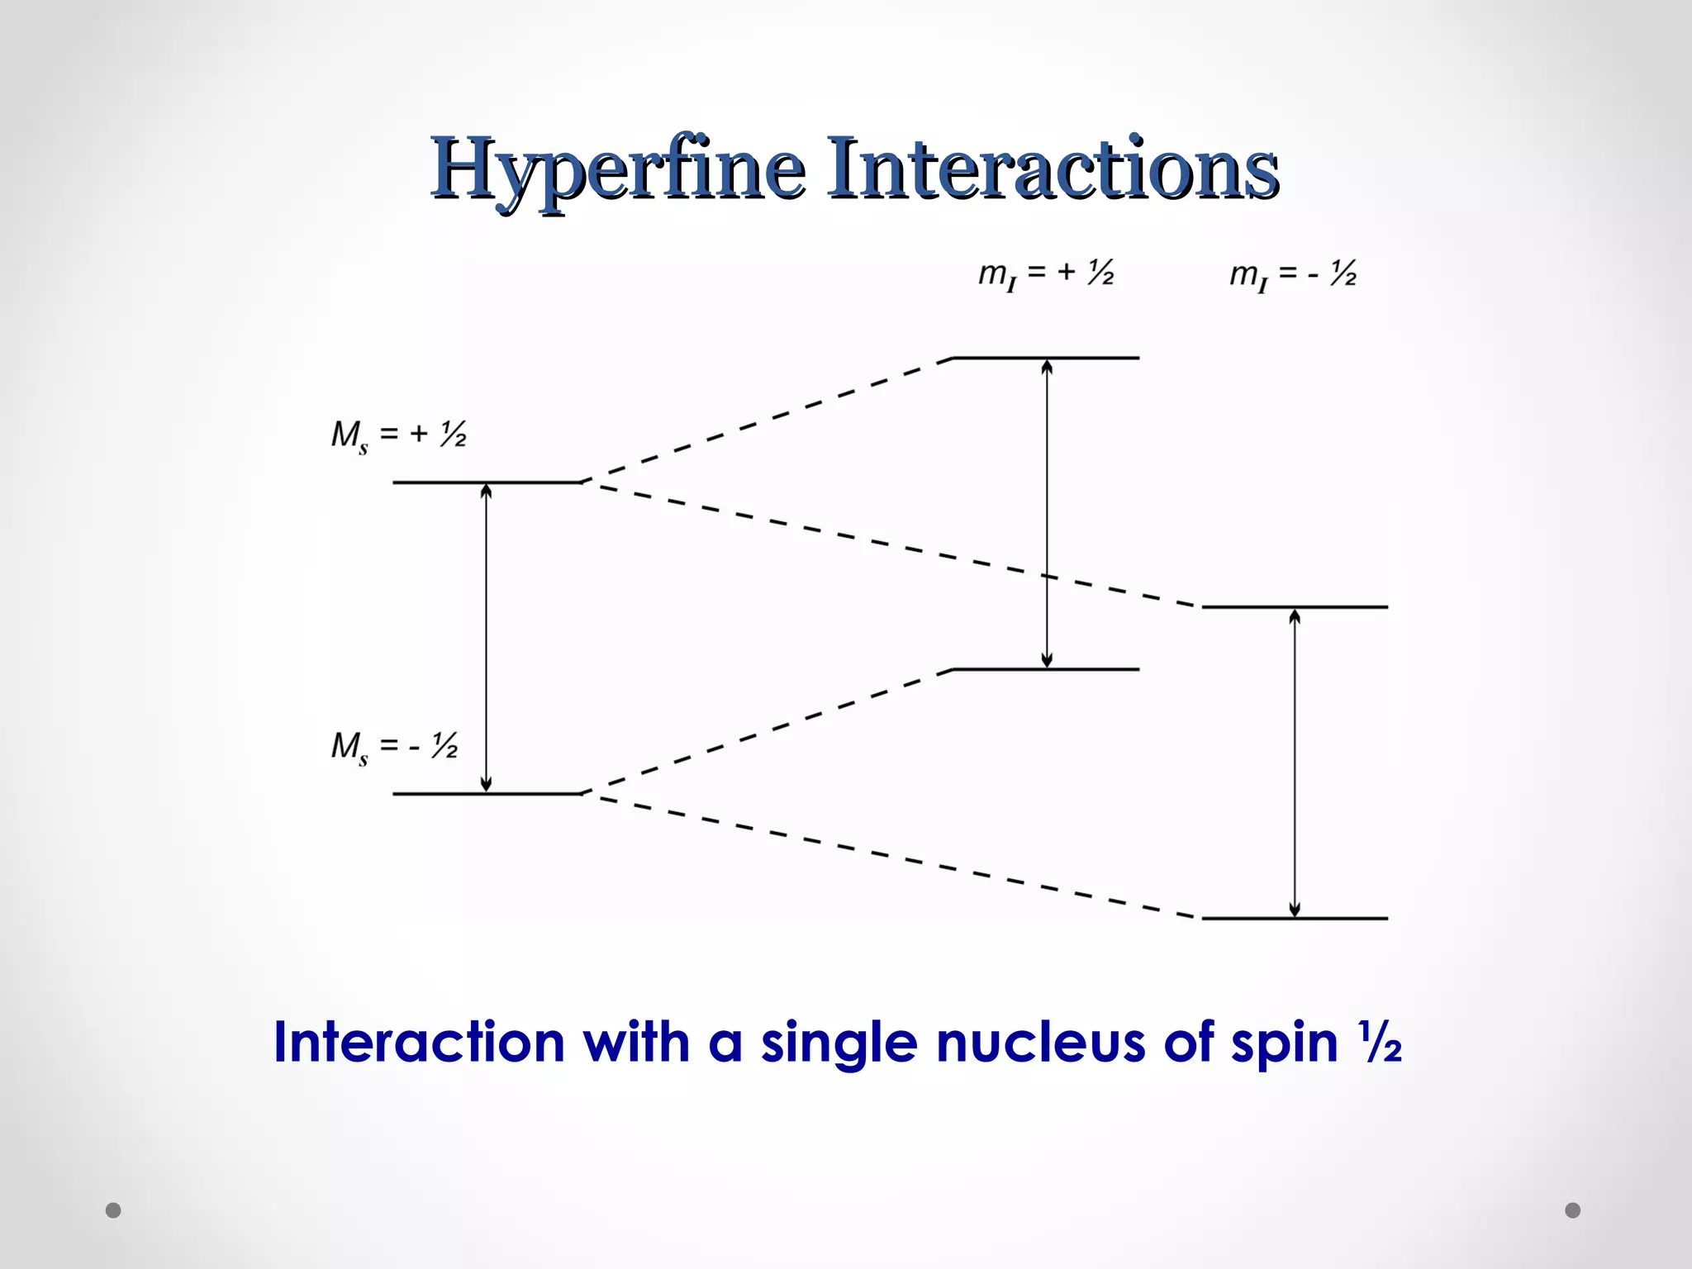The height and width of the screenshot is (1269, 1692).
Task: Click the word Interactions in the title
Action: click(x=1053, y=169)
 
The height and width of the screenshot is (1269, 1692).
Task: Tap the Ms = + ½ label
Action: click(x=398, y=435)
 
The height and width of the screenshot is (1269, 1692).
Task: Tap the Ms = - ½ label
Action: click(x=394, y=747)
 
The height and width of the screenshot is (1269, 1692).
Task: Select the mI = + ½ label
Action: click(x=1046, y=274)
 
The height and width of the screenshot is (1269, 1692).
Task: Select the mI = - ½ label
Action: click(x=1293, y=274)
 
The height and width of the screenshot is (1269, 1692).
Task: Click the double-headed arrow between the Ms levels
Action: click(x=486, y=638)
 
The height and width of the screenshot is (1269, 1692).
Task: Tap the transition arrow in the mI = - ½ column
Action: click(x=1295, y=763)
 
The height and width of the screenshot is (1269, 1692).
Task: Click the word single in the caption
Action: click(x=839, y=1043)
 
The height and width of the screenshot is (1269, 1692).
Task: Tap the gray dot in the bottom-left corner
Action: click(x=113, y=1210)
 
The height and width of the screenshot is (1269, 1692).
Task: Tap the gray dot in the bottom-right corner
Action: click(x=1573, y=1210)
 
